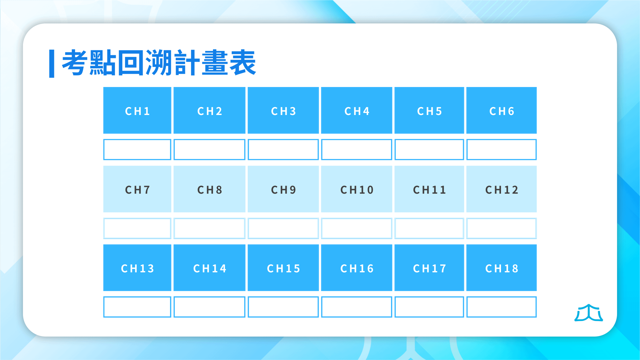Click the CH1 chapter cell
click(x=137, y=110)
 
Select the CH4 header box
click(x=357, y=110)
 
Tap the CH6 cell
click(x=501, y=110)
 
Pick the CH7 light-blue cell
click(x=137, y=189)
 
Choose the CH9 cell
click(x=283, y=189)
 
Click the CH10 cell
click(x=357, y=189)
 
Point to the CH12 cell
click(x=501, y=189)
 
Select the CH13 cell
click(x=137, y=268)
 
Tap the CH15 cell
click(x=283, y=268)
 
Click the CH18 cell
click(x=501, y=268)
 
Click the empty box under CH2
click(x=209, y=150)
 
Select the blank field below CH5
click(x=429, y=150)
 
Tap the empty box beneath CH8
click(x=209, y=228)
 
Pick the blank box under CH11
click(x=429, y=228)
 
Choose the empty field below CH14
click(x=209, y=307)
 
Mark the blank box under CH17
click(x=429, y=307)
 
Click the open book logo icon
click(x=589, y=313)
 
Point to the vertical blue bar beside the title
click(x=52, y=64)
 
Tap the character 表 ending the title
click(x=243, y=63)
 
